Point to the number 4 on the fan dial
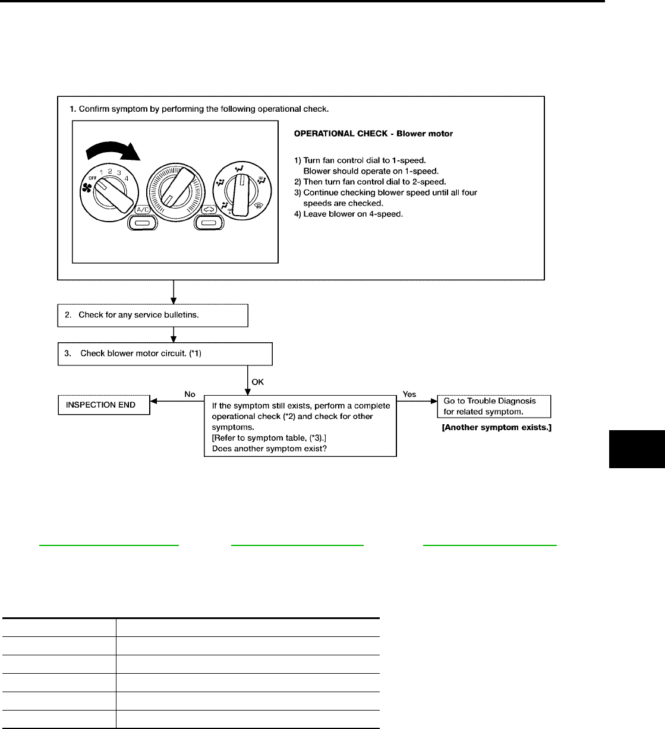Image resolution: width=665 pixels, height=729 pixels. click(x=127, y=178)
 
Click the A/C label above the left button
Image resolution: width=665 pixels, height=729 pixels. click(x=143, y=210)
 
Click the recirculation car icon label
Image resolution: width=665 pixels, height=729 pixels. click(x=207, y=210)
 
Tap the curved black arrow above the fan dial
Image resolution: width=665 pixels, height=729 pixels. click(x=112, y=149)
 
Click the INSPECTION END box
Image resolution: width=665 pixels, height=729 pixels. click(x=103, y=405)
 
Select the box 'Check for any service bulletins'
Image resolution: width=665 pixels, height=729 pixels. click(x=152, y=315)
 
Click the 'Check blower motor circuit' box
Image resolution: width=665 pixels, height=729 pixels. click(x=165, y=354)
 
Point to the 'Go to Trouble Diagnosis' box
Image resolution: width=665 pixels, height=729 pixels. click(x=493, y=406)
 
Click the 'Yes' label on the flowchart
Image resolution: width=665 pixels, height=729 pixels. click(x=409, y=394)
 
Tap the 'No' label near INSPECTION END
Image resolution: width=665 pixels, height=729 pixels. click(x=190, y=394)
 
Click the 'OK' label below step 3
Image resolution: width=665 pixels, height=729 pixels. click(x=258, y=382)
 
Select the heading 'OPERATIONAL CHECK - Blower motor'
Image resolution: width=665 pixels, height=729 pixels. click(x=373, y=134)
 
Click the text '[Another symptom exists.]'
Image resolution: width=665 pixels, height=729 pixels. click(x=496, y=427)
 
